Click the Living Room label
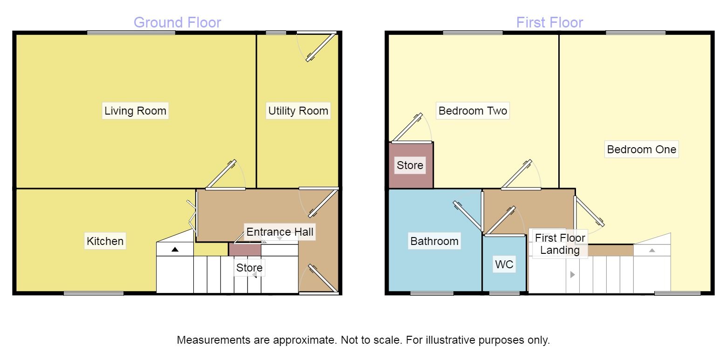pyautogui.click(x=135, y=111)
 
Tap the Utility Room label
pyautogui.click(x=298, y=111)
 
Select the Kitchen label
pyautogui.click(x=105, y=241)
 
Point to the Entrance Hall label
pyautogui.click(x=280, y=231)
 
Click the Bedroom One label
pyautogui.click(x=641, y=149)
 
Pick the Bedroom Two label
pyautogui.click(x=473, y=111)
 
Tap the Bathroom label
pyautogui.click(x=434, y=241)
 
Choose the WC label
pyautogui.click(x=504, y=265)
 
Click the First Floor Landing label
pyautogui.click(x=560, y=244)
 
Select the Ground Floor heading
pyautogui.click(x=177, y=22)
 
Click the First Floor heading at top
pyautogui.click(x=549, y=22)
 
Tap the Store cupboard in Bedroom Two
pyautogui.click(x=410, y=165)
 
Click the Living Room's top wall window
pyautogui.click(x=131, y=32)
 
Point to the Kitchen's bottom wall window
pyautogui.click(x=94, y=293)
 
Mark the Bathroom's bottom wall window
pyautogui.click(x=432, y=293)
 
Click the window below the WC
pyautogui.click(x=505, y=293)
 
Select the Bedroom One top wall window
pyautogui.click(x=636, y=32)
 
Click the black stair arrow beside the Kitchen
pyautogui.click(x=175, y=250)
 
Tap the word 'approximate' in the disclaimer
pyautogui.click(x=303, y=340)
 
